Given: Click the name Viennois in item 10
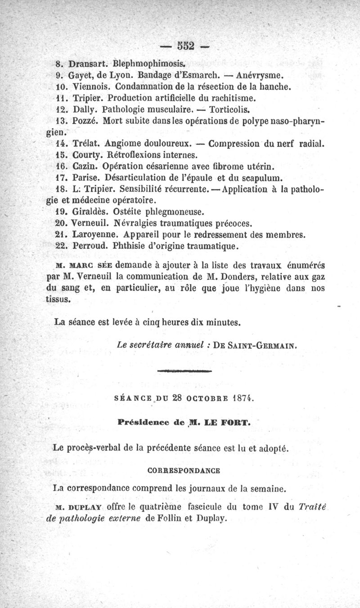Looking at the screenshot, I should pyautogui.click(x=88, y=86).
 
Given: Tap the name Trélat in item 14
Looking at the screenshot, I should pyautogui.click(x=85, y=144).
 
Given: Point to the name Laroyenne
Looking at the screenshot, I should pyautogui.click(x=94, y=235).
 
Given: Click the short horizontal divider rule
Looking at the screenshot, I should pyautogui.click(x=184, y=372).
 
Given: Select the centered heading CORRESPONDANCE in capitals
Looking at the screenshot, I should pyautogui.click(x=184, y=471).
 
